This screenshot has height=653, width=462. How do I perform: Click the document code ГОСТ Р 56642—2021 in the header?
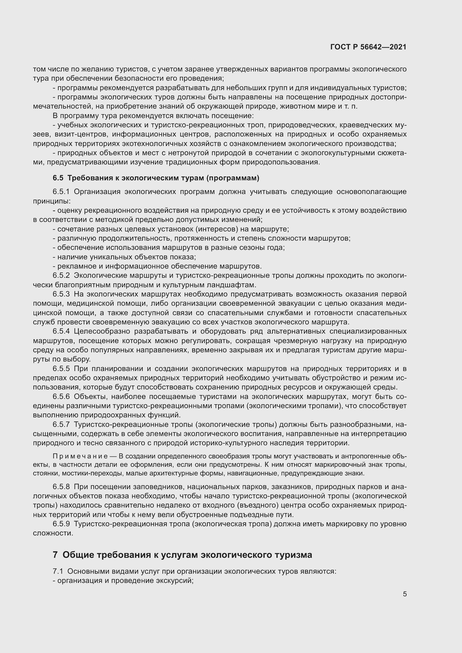(368, 47)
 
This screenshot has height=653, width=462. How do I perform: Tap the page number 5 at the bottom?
(404, 594)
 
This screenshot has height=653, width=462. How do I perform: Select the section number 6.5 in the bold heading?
(58, 178)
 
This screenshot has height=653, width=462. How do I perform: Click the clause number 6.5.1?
(61, 192)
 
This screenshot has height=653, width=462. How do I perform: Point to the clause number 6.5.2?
(61, 276)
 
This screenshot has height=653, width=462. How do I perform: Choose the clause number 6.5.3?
(61, 294)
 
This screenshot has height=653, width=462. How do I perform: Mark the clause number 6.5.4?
(61, 331)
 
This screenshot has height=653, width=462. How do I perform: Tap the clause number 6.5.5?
(61, 369)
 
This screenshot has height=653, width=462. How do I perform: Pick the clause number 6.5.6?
(61, 397)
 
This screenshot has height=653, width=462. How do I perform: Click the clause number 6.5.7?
(61, 425)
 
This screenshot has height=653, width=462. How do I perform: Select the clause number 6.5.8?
(61, 487)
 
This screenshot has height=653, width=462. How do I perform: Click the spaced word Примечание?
(80, 456)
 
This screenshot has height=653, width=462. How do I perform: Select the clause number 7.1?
(58, 571)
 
